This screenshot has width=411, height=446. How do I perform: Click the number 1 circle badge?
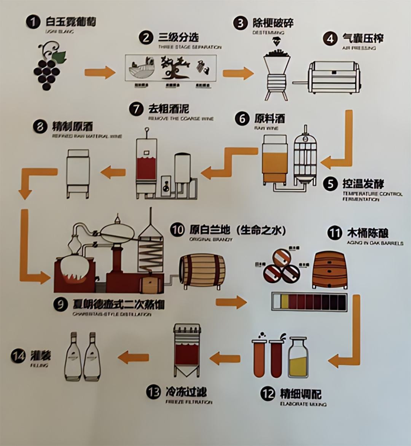[x=33, y=22]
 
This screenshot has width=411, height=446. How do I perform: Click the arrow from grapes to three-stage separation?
[x=99, y=72]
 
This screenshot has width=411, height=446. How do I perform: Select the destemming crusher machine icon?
[x=276, y=76]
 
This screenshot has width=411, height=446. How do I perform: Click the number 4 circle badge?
[x=330, y=39]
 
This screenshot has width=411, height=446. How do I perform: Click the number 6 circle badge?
[x=242, y=119]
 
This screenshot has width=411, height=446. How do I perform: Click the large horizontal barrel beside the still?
[x=202, y=270]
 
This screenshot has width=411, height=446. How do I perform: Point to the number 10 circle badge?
[x=177, y=230]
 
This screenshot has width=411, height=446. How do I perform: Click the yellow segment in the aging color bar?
[x=284, y=302]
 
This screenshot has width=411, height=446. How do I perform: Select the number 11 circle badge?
[x=335, y=233]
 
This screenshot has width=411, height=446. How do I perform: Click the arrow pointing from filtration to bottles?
[x=133, y=357]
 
